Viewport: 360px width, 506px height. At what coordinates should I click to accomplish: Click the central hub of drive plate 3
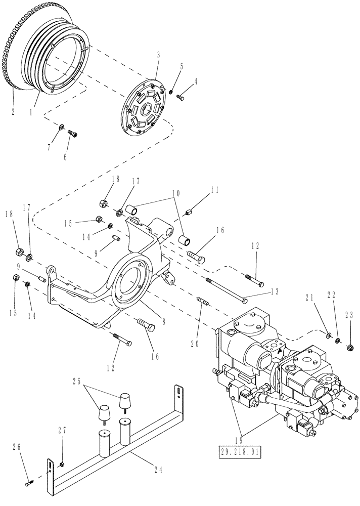pyautogui.click(x=146, y=108)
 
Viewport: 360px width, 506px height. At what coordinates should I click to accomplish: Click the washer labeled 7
pyautogui.click(x=61, y=126)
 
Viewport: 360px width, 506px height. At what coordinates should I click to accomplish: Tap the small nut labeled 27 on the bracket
pyautogui.click(x=62, y=450)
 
